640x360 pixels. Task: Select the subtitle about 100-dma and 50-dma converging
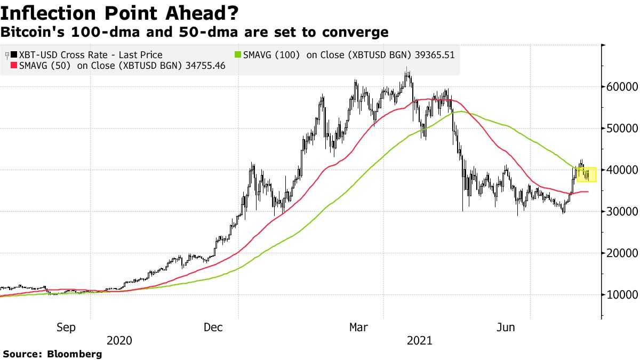(x=194, y=33)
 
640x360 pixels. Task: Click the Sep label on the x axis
(x=66, y=327)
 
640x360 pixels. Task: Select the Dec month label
(x=213, y=327)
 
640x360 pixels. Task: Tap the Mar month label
(x=358, y=327)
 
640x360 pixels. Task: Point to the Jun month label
(x=505, y=327)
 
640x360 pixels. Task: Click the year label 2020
(x=119, y=340)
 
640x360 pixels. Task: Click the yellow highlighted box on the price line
(x=586, y=174)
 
